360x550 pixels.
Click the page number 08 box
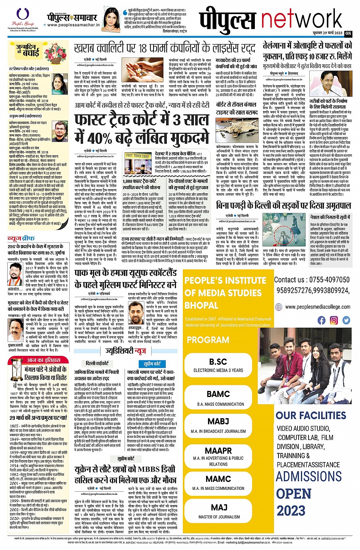348,33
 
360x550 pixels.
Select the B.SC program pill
218,365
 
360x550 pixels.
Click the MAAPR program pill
218,455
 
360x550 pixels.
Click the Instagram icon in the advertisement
334,320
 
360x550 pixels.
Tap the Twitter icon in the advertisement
346,320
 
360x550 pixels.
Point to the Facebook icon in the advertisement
322,320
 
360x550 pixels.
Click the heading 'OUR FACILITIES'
311,415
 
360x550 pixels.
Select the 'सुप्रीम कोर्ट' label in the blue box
152,363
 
